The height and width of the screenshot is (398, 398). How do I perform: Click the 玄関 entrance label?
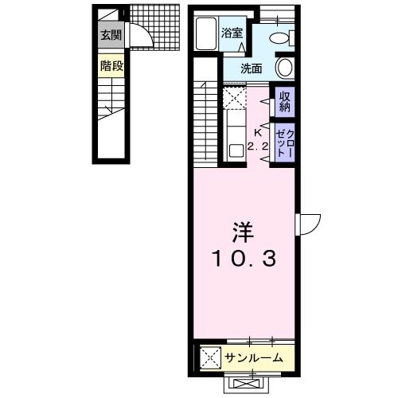click(111, 35)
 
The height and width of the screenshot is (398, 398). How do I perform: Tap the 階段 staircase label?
click(111, 66)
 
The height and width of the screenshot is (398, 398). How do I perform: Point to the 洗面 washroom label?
click(252, 68)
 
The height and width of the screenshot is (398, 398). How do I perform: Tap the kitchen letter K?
click(257, 132)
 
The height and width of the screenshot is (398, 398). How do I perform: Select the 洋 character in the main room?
click(242, 232)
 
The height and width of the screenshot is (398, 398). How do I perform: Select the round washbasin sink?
click(285, 67)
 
